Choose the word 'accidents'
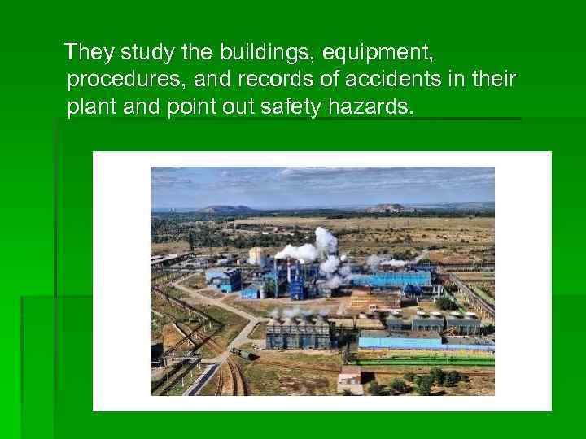pyautogui.click(x=370, y=80)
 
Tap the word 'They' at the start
pyautogui.click(x=90, y=53)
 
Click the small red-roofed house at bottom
pyautogui.click(x=350, y=376)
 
